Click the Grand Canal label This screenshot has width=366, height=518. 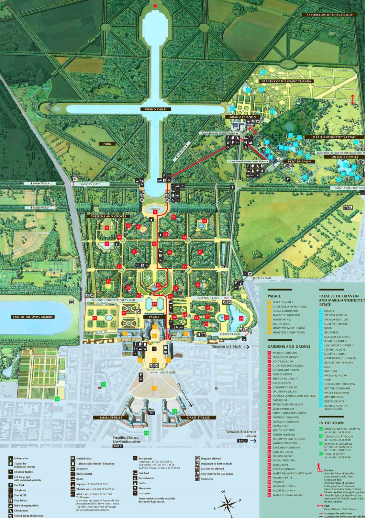[156, 109]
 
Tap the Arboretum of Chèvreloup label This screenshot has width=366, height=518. [329, 15]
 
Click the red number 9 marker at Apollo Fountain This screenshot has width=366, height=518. [155, 212]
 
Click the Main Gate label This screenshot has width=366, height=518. [168, 373]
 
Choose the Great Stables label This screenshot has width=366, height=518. [198, 418]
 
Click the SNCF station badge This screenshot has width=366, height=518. [242, 441]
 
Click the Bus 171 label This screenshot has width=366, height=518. [151, 411]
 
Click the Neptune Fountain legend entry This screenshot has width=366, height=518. [285, 418]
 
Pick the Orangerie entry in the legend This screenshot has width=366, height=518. [280, 426]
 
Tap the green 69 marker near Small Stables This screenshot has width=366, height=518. [146, 433]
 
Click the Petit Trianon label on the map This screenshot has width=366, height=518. [299, 161]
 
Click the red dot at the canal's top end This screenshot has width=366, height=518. [155, 6]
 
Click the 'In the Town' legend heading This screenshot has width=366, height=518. [331, 423]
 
